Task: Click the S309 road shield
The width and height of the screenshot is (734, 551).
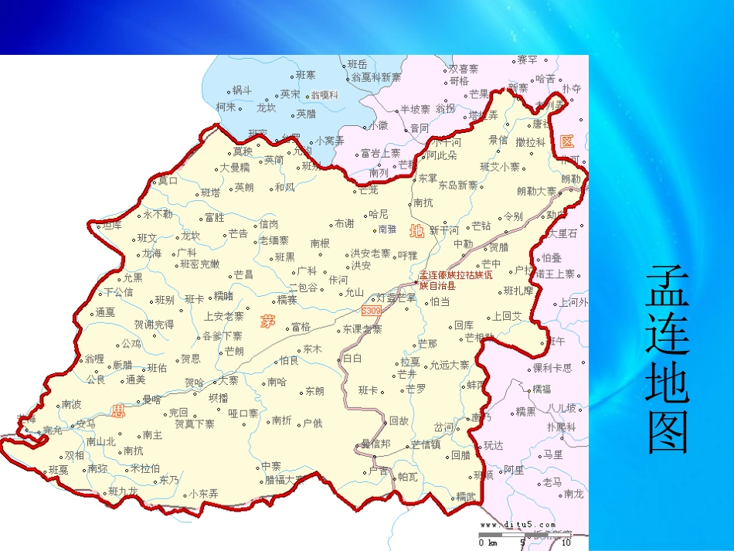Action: pyautogui.click(x=371, y=310)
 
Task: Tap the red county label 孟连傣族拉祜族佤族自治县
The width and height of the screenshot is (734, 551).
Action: pyautogui.click(x=455, y=280)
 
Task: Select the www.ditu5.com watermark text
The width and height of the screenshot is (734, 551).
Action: pyautogui.click(x=517, y=525)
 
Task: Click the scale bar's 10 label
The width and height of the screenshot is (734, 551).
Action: pyautogui.click(x=566, y=542)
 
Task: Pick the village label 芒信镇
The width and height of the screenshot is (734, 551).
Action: pyautogui.click(x=426, y=444)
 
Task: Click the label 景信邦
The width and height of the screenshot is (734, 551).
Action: pyautogui.click(x=376, y=444)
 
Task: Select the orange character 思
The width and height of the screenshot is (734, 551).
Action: pyautogui.click(x=118, y=410)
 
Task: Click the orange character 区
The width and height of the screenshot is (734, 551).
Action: pyautogui.click(x=568, y=141)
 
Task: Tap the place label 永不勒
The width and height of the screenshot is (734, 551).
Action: pyautogui.click(x=158, y=215)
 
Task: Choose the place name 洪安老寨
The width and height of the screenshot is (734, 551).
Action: pyautogui.click(x=371, y=253)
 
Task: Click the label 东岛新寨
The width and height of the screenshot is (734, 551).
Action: pyautogui.click(x=458, y=185)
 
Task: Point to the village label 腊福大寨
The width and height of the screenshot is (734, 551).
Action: pyautogui.click(x=285, y=479)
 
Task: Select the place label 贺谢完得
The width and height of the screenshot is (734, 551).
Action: pyautogui.click(x=154, y=325)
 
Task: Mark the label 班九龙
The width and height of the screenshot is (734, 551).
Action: pyautogui.click(x=124, y=491)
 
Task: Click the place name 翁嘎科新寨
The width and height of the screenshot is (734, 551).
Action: pyautogui.click(x=376, y=77)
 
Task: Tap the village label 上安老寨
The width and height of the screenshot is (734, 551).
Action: pyautogui.click(x=223, y=316)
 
